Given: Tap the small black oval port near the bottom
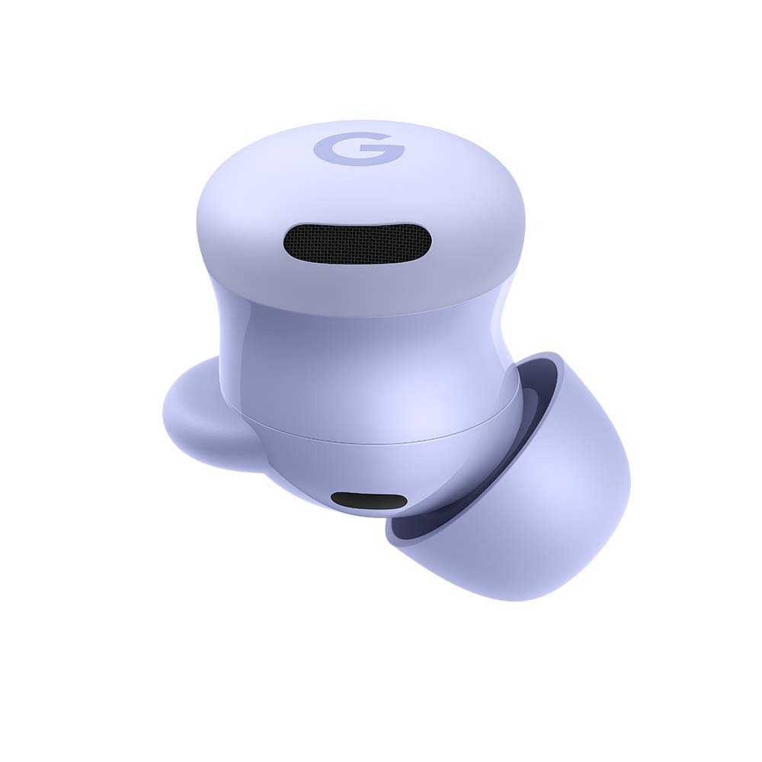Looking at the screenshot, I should pos(369,501).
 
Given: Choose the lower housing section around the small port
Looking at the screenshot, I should pos(320,480).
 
